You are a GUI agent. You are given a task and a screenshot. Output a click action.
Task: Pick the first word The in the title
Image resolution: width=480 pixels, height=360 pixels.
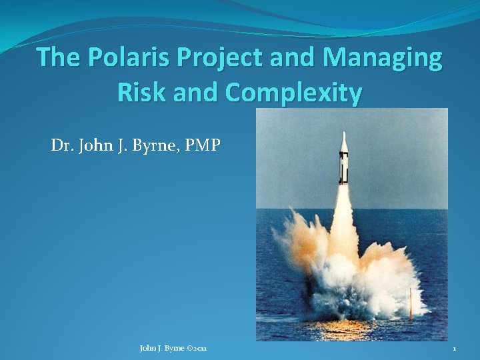click(59, 59)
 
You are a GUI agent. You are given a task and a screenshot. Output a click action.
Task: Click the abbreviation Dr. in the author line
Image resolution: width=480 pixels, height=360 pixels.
click(61, 145)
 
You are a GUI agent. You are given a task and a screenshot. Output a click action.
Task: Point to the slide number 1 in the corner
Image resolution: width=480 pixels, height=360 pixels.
click(454, 348)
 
